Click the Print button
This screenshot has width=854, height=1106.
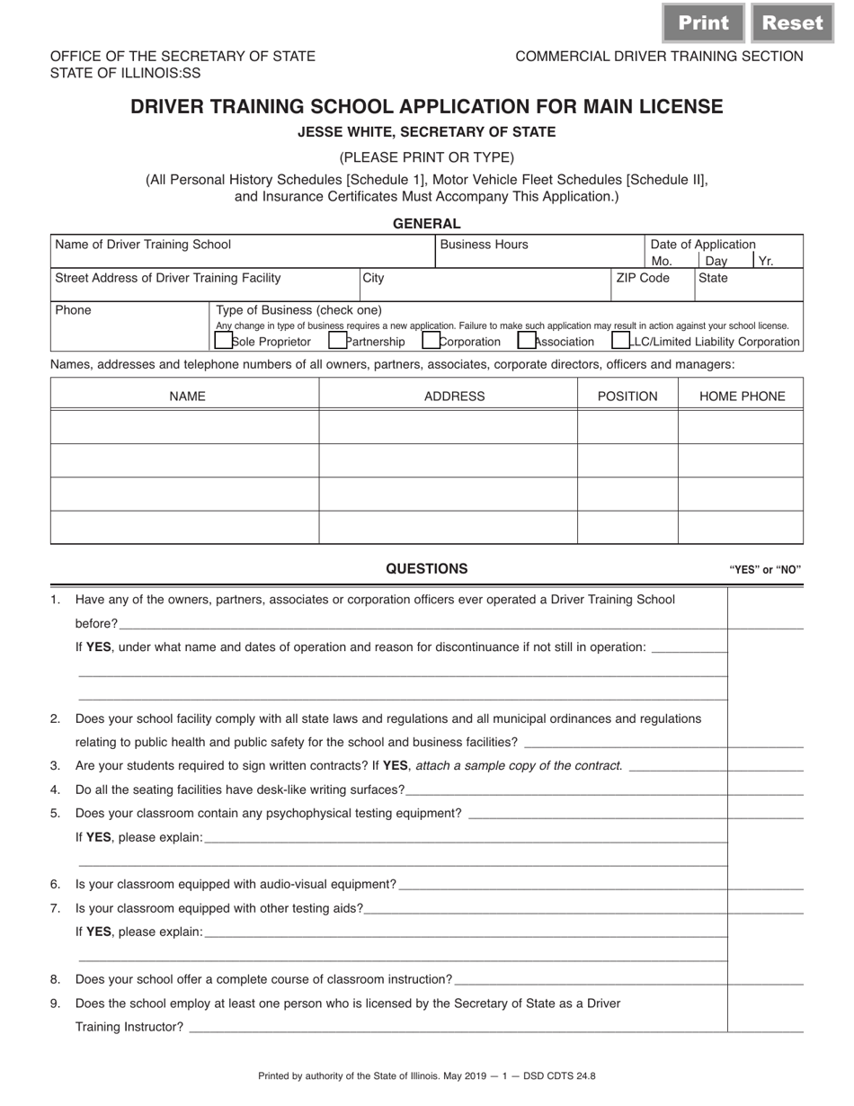pos(703,23)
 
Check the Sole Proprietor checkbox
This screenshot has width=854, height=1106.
pos(223,341)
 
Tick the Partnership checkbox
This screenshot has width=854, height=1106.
pos(338,341)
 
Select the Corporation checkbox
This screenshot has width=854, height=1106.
pos(431,341)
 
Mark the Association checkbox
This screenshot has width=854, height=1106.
pos(527,341)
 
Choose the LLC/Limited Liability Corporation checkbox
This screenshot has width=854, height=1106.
pos(620,341)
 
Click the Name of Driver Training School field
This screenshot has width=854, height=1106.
pos(243,256)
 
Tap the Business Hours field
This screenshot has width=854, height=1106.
pos(539,257)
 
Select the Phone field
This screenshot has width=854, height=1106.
pos(130,333)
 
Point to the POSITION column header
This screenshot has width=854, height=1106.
pos(627,397)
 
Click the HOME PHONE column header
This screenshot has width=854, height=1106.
pos(742,397)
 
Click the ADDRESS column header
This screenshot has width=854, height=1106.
pos(454,397)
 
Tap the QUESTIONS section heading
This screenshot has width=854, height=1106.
pos(426,568)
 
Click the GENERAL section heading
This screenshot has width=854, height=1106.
pos(426,224)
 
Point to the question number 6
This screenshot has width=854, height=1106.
pos(56,885)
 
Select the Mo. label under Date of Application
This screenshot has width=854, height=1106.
pos(661,262)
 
